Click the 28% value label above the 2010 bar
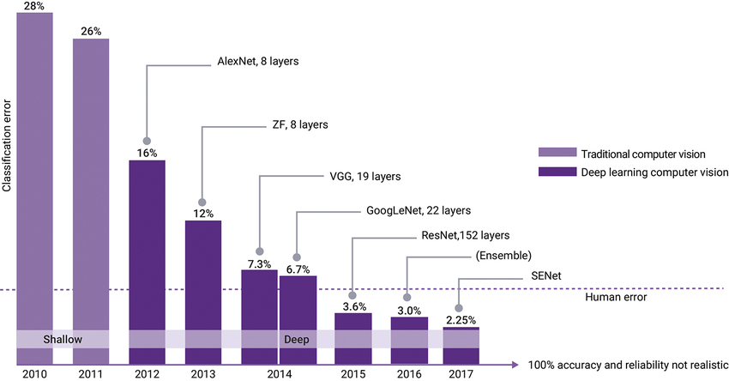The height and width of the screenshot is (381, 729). (x=34, y=6)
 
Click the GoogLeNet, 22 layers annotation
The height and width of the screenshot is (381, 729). (x=418, y=209)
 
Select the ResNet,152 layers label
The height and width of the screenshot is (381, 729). (x=466, y=234)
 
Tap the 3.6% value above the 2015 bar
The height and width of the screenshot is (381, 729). (x=352, y=306)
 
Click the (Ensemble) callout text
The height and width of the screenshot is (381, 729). (x=502, y=256)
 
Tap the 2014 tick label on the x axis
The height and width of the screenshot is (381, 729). (x=278, y=374)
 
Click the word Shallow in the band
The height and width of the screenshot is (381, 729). (x=63, y=340)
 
